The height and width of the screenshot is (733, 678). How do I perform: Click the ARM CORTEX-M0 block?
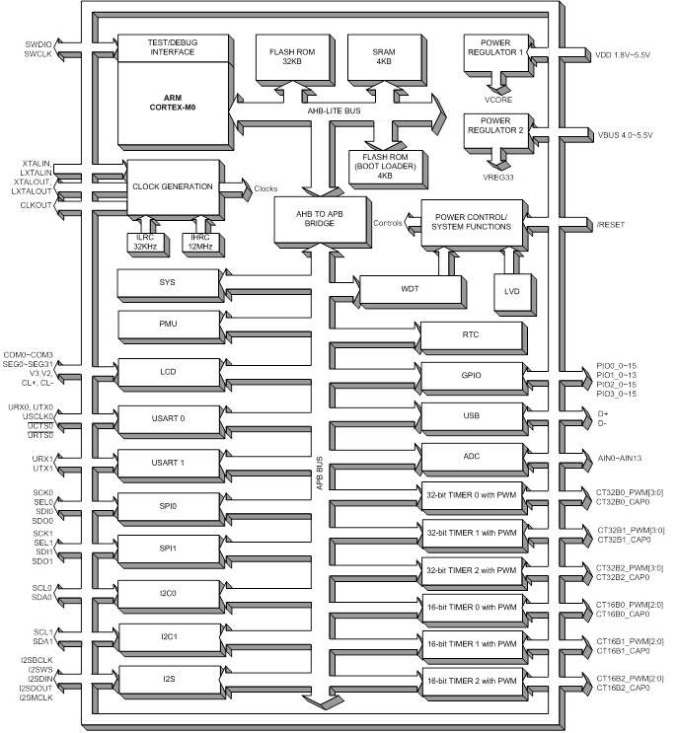click(x=173, y=99)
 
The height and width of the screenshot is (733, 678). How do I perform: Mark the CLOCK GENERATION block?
click(x=173, y=186)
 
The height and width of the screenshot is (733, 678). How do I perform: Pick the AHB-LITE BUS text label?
click(x=338, y=111)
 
